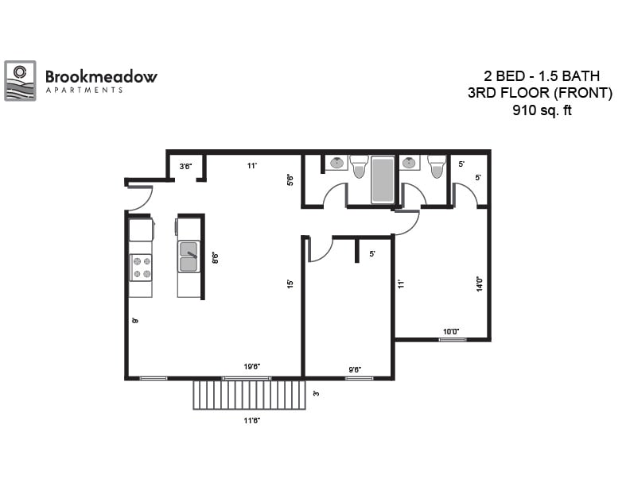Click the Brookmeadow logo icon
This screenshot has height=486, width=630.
(x=20, y=80)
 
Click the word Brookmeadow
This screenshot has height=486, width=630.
(x=101, y=77)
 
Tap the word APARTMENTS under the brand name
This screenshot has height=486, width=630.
(x=84, y=91)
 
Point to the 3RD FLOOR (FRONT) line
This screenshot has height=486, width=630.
(x=541, y=94)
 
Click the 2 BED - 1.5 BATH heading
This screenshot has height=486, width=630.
(x=542, y=77)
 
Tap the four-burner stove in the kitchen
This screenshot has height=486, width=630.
(x=141, y=267)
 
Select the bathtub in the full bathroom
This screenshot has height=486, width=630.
(x=383, y=180)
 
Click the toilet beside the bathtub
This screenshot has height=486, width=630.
(x=359, y=166)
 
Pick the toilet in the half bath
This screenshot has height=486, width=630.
(x=437, y=166)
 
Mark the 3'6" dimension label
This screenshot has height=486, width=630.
(x=186, y=166)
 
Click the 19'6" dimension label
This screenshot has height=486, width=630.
(x=252, y=367)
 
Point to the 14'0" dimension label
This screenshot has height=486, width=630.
(x=480, y=284)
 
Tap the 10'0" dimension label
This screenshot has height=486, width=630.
(x=451, y=332)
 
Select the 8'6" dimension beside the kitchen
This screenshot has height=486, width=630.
(x=214, y=258)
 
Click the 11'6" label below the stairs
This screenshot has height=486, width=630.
(x=251, y=420)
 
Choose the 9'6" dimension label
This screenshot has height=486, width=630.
(x=356, y=368)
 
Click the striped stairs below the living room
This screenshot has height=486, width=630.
(x=250, y=395)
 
